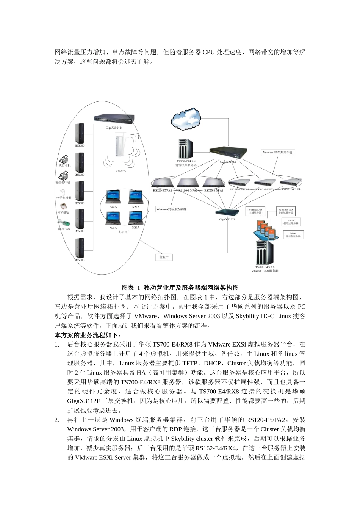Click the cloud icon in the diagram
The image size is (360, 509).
point(186,120)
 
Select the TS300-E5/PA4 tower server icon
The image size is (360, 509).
point(186,149)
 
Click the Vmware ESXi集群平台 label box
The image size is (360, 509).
point(278,152)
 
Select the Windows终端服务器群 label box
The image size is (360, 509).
point(172,209)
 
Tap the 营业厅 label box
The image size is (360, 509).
point(164,257)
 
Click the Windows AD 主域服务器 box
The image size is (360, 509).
point(255,211)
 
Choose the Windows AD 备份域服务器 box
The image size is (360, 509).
point(286,211)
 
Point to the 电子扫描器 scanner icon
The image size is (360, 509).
point(64,192)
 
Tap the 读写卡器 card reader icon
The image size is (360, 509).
point(64,223)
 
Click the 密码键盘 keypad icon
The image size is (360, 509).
point(64,207)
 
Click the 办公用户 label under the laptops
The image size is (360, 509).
point(124,232)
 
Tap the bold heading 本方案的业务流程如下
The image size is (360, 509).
point(88,335)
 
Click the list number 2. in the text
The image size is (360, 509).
point(57,420)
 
